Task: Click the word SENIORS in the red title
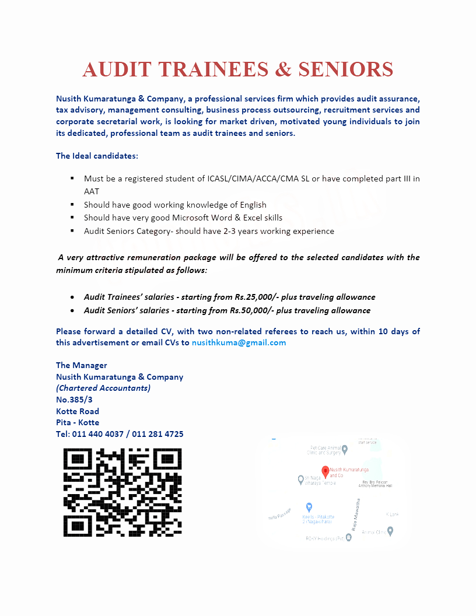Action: click(x=346, y=69)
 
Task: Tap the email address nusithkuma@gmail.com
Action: click(x=239, y=342)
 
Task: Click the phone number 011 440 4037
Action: click(x=97, y=434)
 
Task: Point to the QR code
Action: click(x=123, y=492)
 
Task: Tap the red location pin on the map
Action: click(x=325, y=471)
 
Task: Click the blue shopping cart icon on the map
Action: click(x=309, y=507)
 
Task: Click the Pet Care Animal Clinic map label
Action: click(x=324, y=450)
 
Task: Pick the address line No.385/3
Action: click(x=74, y=400)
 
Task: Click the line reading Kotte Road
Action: click(x=78, y=411)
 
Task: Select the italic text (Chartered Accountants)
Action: click(x=103, y=388)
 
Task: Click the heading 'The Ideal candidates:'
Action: click(x=97, y=156)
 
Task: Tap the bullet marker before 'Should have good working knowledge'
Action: click(x=72, y=204)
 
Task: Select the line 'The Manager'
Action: click(x=82, y=365)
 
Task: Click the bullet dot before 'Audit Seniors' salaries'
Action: click(x=72, y=311)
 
